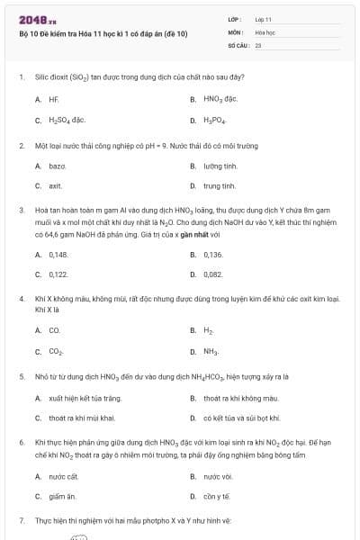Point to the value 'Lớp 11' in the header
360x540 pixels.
pyautogui.click(x=263, y=19)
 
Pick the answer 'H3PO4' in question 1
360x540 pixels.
pyautogui.click(x=215, y=120)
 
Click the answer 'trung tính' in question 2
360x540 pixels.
pyautogui.click(x=219, y=186)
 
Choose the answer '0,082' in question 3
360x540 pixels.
pyautogui.click(x=213, y=274)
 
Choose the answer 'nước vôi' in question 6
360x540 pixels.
pyautogui.click(x=218, y=476)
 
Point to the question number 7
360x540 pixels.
pyautogui.click(x=21, y=520)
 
